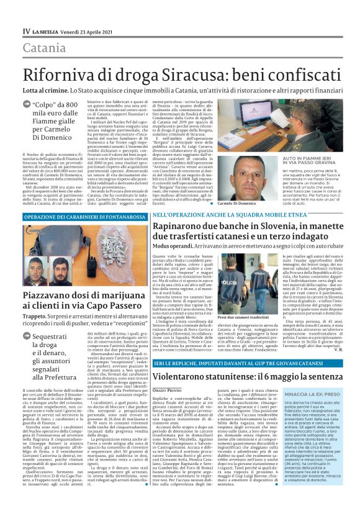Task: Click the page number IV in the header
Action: click(x=25, y=30)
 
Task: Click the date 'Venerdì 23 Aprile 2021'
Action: click(x=83, y=30)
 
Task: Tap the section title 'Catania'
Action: click(x=45, y=48)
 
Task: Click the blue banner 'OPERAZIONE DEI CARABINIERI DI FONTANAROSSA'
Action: click(x=78, y=216)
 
